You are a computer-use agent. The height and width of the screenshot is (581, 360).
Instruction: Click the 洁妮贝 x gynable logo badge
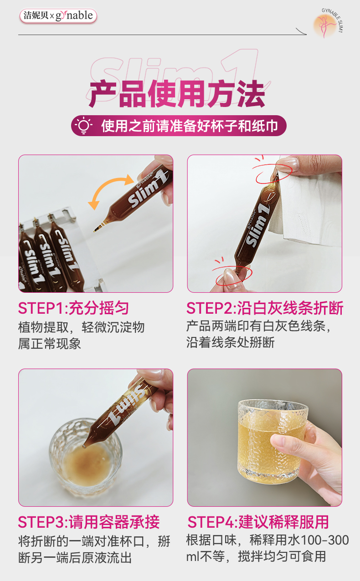[x=58, y=16]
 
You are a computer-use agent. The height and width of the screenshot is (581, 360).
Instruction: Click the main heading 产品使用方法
[x=177, y=94]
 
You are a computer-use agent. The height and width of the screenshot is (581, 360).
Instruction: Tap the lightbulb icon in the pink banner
[x=83, y=126]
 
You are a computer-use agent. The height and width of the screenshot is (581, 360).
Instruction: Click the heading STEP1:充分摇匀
[x=73, y=308]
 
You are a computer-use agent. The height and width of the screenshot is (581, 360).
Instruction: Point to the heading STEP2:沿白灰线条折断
[x=265, y=308]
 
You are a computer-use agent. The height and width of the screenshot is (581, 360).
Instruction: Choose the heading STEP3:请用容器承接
[x=89, y=522]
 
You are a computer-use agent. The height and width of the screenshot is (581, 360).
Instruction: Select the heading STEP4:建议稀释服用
[x=258, y=522]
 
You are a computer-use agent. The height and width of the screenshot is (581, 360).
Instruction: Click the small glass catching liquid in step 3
[x=86, y=454]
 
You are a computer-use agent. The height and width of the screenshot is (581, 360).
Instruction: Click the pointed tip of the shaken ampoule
[x=95, y=230]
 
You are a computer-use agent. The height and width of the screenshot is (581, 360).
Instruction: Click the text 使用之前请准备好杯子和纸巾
[x=190, y=126]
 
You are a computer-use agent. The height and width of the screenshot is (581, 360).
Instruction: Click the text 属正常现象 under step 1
[x=50, y=343]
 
